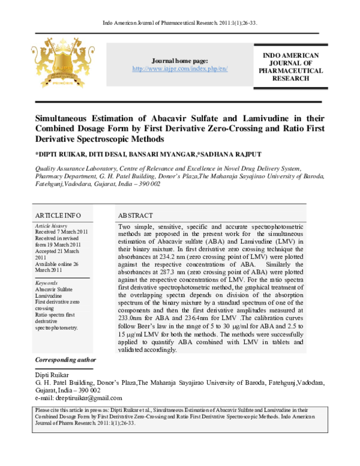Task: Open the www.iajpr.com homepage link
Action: (x=179, y=69)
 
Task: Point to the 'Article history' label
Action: (x=52, y=226)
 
